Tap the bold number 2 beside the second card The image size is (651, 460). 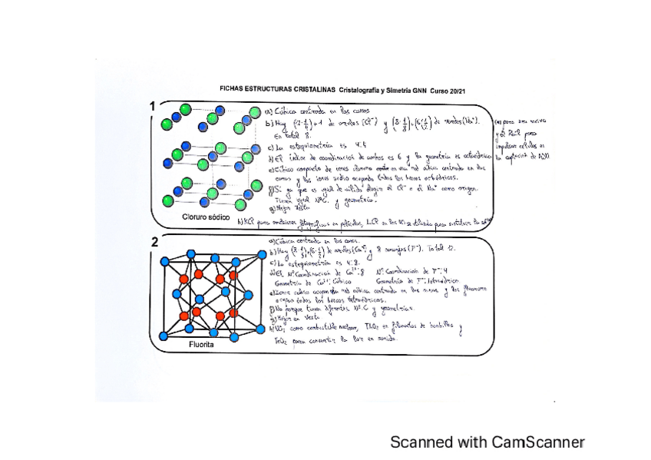tap(154, 242)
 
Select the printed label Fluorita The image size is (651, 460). tap(202, 345)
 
